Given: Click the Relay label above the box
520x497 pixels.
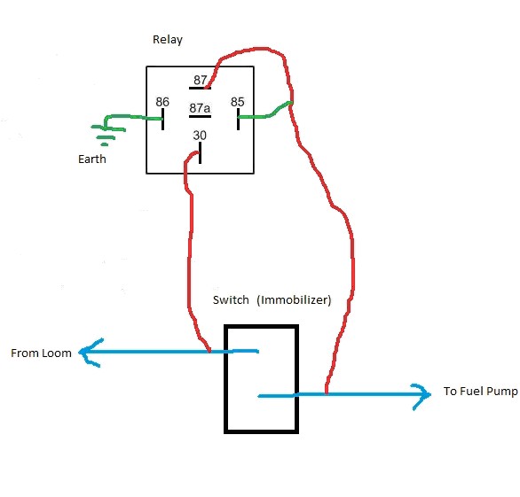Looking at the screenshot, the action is click(x=168, y=40).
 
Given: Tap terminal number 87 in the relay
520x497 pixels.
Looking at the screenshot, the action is click(x=201, y=80).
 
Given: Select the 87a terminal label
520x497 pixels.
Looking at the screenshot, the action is click(x=200, y=108).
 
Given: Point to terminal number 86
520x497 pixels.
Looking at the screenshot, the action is click(x=162, y=102).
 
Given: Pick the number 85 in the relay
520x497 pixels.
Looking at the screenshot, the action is click(x=238, y=102).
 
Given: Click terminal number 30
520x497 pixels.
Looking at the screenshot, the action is click(x=200, y=135).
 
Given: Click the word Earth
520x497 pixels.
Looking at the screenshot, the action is click(x=92, y=159).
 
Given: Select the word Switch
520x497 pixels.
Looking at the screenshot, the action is click(x=231, y=300).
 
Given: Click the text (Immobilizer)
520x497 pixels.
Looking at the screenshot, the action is click(x=294, y=300).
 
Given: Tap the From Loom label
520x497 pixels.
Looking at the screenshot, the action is click(x=41, y=353).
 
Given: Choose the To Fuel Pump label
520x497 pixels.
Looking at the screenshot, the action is click(x=481, y=392).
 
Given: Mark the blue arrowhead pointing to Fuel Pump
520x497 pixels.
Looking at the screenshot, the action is click(x=422, y=397).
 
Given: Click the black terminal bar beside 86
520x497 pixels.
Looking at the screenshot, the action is click(x=162, y=119).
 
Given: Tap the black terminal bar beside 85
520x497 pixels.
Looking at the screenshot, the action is click(x=238, y=119).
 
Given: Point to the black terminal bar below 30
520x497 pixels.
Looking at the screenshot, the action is click(x=200, y=152).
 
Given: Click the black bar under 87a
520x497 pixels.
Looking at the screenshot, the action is click(x=200, y=117).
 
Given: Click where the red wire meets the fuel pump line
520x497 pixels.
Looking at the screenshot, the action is click(x=327, y=394).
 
